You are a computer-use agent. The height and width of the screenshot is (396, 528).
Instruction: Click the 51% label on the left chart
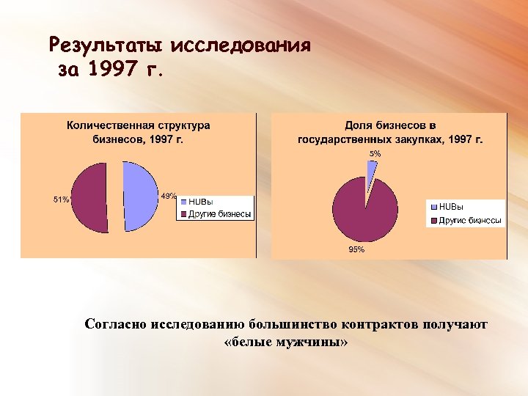(61, 199)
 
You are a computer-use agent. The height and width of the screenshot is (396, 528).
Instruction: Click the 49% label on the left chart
(168, 196)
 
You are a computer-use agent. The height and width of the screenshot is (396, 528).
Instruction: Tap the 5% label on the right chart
(375, 154)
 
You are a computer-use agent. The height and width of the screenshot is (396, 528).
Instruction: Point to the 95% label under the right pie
(356, 249)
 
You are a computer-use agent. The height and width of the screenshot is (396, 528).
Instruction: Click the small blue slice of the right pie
(372, 169)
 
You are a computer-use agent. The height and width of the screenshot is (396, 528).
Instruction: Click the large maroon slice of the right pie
(364, 209)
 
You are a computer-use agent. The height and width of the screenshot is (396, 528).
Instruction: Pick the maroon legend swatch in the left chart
(183, 214)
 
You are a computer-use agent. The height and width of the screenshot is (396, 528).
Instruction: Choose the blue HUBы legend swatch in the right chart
(433, 208)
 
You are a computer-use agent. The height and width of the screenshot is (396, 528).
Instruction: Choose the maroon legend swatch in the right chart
(433, 220)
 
